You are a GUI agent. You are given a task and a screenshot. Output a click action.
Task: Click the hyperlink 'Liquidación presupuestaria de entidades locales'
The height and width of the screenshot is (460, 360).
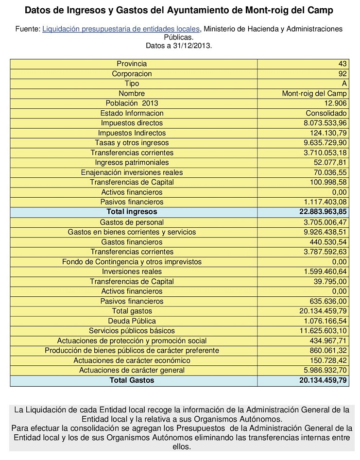click(121, 29)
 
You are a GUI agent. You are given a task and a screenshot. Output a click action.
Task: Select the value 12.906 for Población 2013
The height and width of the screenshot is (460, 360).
click(335, 103)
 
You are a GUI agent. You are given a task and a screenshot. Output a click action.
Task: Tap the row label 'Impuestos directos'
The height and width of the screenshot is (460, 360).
click(132, 123)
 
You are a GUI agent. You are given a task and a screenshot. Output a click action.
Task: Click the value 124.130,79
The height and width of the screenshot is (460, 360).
click(326, 133)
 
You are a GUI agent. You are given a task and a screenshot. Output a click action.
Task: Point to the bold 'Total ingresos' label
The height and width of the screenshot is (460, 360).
click(132, 212)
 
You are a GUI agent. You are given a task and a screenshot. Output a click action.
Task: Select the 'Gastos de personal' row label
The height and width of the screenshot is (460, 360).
click(132, 222)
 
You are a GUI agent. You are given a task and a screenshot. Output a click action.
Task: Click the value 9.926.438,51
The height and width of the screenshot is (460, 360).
click(323, 232)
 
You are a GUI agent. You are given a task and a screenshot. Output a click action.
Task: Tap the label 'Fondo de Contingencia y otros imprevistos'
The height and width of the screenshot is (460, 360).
click(132, 262)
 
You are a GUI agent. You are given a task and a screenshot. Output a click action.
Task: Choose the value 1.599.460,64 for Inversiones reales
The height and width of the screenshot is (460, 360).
click(323, 272)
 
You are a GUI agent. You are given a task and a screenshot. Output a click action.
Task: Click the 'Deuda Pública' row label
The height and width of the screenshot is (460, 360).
click(132, 321)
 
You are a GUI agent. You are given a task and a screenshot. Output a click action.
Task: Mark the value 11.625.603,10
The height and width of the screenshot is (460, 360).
click(321, 331)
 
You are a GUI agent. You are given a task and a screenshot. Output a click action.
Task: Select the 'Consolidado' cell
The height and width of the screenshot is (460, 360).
click(328, 113)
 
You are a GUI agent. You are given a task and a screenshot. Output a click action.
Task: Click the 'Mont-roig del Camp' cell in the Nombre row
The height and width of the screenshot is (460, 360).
click(315, 93)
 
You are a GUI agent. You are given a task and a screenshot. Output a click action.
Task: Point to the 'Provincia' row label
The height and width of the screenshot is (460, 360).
click(132, 64)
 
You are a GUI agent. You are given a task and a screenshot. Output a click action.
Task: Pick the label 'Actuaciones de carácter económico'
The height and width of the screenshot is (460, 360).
click(132, 360)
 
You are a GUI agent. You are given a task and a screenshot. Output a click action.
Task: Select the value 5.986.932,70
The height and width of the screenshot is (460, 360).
click(323, 370)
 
